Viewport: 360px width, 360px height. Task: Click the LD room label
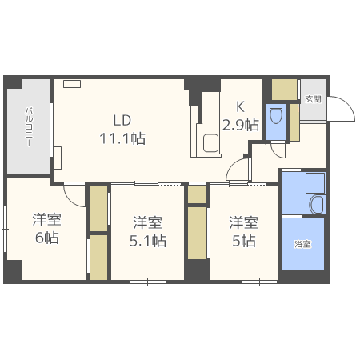[122, 120]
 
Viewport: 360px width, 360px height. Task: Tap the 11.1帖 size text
[122, 138]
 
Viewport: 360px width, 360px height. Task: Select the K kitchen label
[240, 107]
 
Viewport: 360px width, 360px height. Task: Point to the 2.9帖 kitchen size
[241, 125]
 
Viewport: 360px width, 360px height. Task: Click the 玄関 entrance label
[313, 99]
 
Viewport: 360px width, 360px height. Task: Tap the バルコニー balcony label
[30, 127]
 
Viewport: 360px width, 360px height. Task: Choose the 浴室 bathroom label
[303, 244]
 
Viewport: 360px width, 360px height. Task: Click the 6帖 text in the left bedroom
[47, 238]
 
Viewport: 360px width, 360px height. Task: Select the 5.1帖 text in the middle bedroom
[148, 241]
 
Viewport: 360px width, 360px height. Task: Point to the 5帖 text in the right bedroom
[244, 241]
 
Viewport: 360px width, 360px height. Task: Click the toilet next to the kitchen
[276, 114]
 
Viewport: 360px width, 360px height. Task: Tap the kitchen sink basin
[210, 143]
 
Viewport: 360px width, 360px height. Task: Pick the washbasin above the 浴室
[317, 205]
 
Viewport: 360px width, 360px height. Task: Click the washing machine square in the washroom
[315, 183]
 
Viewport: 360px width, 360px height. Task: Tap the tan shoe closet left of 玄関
[284, 89]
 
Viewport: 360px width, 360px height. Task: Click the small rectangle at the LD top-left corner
[72, 84]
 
